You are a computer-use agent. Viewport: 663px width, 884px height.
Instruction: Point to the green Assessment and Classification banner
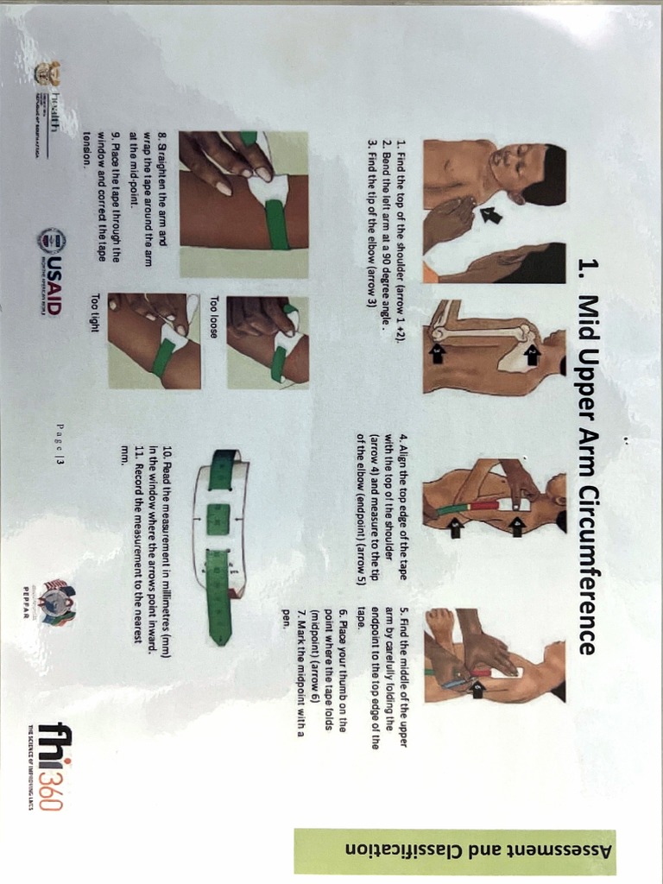454,851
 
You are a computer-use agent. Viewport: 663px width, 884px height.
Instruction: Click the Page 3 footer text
60,444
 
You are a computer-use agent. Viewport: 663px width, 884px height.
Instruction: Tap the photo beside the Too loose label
268,341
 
